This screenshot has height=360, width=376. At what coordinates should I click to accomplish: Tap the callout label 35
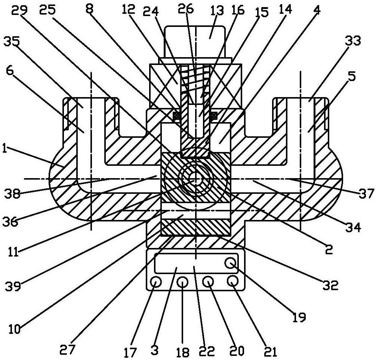(x=12, y=43)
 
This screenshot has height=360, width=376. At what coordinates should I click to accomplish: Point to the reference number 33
(x=353, y=41)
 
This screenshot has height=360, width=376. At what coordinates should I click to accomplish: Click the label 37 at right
(x=367, y=193)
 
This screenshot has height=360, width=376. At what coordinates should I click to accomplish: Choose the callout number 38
(x=12, y=193)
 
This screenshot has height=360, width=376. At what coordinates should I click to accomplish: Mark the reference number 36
(x=10, y=222)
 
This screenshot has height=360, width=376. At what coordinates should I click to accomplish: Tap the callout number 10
(x=14, y=329)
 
